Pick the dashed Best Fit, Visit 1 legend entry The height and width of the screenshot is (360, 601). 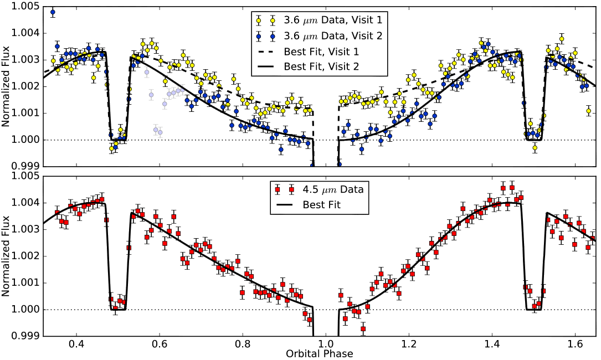pos(321,51)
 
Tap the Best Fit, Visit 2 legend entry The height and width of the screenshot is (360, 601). pos(321,66)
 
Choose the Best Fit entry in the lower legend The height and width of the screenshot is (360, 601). pos(321,205)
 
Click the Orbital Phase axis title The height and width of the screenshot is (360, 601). pos(320,354)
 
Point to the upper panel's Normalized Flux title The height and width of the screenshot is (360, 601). pos(6,86)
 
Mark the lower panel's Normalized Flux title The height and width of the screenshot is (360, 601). pos(6,256)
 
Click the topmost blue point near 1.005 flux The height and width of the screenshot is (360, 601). pos(53,12)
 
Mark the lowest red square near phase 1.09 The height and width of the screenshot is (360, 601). pos(363,329)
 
